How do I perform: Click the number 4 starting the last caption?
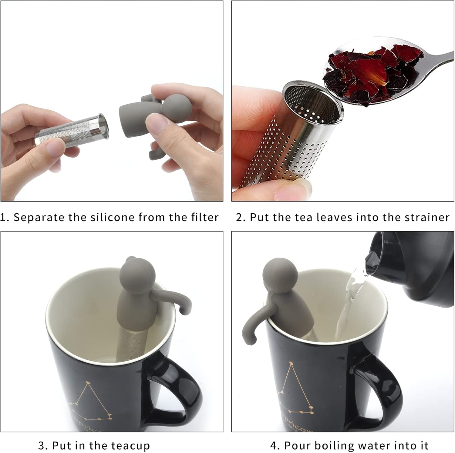[x=274, y=445]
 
